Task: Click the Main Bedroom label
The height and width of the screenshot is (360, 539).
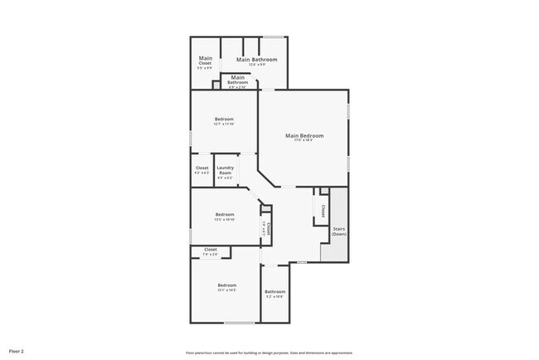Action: pyautogui.click(x=304, y=135)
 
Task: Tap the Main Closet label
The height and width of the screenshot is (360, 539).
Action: pyautogui.click(x=205, y=61)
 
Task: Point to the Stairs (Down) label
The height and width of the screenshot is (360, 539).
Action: pyautogui.click(x=339, y=231)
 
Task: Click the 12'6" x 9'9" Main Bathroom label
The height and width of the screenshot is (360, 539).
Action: pyautogui.click(x=256, y=60)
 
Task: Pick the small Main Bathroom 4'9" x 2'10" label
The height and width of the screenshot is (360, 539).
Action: pyautogui.click(x=238, y=80)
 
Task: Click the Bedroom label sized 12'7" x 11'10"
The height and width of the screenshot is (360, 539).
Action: pyautogui.click(x=224, y=119)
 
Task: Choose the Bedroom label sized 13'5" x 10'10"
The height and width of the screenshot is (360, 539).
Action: pyautogui.click(x=226, y=215)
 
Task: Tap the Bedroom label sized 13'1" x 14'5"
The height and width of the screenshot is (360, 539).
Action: pyautogui.click(x=226, y=285)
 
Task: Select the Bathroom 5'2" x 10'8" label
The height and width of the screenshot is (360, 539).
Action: pyautogui.click(x=274, y=292)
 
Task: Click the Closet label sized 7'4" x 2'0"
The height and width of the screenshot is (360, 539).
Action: pyautogui.click(x=211, y=250)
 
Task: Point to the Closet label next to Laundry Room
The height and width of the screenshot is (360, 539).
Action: pyautogui.click(x=202, y=168)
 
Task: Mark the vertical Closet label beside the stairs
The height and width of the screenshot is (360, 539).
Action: pyautogui.click(x=323, y=210)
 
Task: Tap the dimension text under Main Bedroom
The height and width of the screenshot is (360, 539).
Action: pyautogui.click(x=304, y=140)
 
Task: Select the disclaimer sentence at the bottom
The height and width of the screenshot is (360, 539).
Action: pyautogui.click(x=269, y=352)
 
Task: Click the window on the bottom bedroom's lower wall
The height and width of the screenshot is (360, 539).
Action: pyautogui.click(x=240, y=323)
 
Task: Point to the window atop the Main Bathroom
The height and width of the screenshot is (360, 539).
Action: pyautogui.click(x=274, y=36)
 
